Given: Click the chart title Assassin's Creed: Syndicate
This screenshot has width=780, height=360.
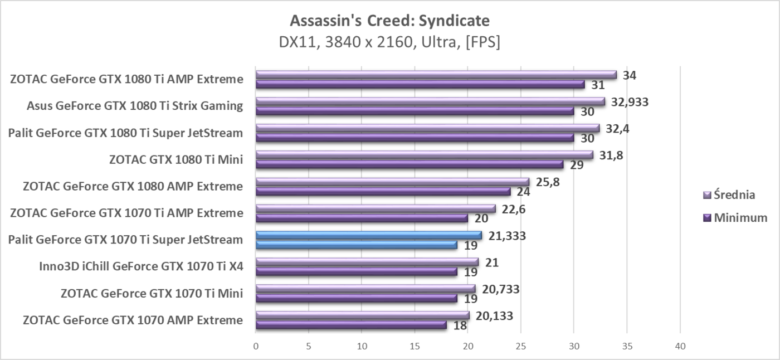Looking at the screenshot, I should [389, 21].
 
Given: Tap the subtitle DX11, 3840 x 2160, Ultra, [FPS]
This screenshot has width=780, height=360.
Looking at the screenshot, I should [389, 42].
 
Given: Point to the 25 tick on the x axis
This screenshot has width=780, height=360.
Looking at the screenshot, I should [520, 346].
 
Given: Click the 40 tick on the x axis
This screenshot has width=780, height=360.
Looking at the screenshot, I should [680, 346].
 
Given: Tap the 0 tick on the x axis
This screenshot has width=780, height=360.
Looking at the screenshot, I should [256, 346].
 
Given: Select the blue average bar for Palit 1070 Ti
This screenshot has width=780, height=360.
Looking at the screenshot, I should [368, 235].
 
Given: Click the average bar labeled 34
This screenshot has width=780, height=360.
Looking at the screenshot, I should [436, 75].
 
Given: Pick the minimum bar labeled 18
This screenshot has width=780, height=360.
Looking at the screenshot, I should [351, 325].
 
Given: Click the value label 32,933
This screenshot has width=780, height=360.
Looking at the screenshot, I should [630, 102].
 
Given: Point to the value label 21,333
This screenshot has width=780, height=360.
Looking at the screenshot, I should [506, 236].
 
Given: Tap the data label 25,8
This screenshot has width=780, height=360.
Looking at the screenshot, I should [548, 182].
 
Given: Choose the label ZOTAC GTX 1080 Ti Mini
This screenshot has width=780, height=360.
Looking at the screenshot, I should [176, 160].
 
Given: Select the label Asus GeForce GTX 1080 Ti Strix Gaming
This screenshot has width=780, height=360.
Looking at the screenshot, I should [135, 106].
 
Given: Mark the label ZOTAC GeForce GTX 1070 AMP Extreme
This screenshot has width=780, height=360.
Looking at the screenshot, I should [133, 320].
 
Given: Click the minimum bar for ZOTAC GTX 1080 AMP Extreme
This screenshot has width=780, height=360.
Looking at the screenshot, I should [383, 191].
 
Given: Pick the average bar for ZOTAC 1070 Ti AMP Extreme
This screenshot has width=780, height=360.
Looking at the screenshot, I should [375, 208].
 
